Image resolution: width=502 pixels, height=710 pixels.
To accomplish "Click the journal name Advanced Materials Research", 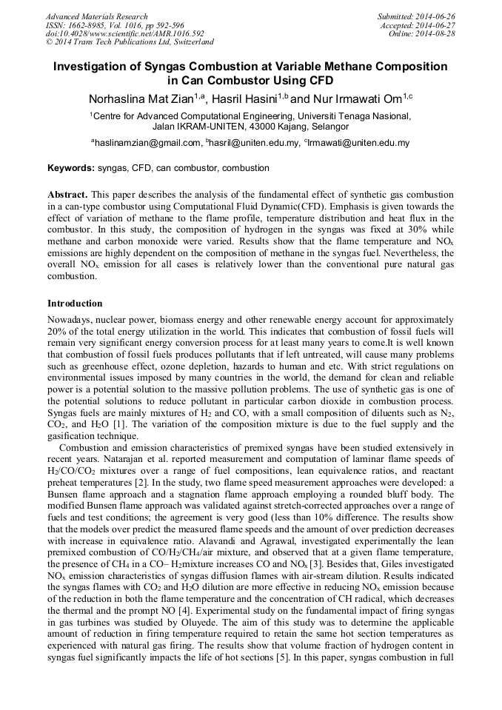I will point(96,16).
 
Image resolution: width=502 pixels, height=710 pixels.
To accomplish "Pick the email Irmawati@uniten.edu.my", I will point(357,143).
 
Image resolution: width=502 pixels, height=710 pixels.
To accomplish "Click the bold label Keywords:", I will point(71,169).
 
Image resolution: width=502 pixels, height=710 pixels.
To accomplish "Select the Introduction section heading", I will point(75,304).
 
